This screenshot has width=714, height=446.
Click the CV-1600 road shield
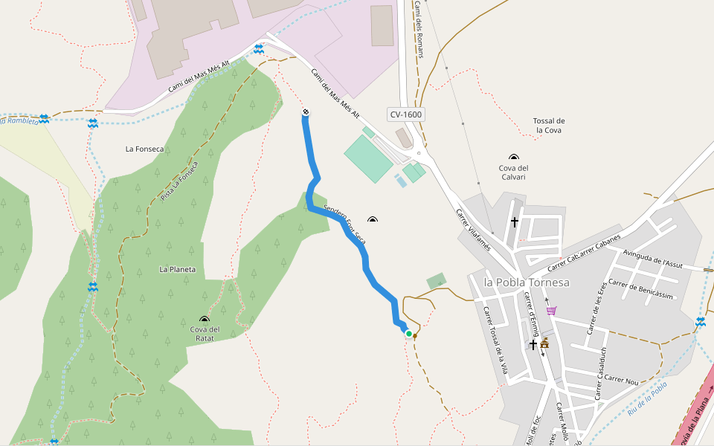point(406,114)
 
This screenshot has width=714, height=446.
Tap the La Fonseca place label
point(144,149)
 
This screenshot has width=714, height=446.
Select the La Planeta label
point(177,269)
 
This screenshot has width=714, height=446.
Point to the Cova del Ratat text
point(205,334)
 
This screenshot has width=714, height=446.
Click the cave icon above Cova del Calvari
point(513,157)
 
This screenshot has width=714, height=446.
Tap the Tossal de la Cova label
point(550,126)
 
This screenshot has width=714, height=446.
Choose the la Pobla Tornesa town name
point(526,282)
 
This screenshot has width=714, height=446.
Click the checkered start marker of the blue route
point(305,112)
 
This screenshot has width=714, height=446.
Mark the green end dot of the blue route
point(408,334)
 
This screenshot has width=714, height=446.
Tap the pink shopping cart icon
point(551,311)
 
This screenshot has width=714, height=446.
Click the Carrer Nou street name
point(622,379)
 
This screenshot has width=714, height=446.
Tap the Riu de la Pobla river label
point(647,398)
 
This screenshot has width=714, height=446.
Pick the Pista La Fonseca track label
point(179,181)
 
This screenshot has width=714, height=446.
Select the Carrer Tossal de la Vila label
point(495,341)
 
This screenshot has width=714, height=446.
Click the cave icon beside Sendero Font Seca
point(372,219)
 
